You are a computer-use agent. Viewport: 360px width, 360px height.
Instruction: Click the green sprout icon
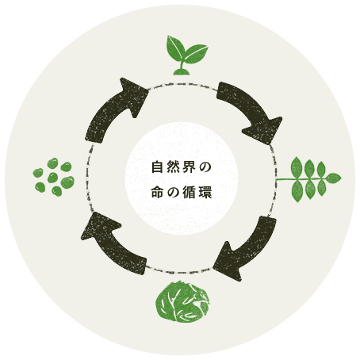point(186,56)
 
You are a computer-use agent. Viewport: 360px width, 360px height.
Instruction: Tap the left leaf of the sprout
point(175,47)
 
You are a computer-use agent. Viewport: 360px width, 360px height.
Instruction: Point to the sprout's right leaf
point(196,54)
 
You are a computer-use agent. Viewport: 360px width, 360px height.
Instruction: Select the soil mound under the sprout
point(181,72)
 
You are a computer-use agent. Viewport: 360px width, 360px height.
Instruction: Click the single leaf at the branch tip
point(333,178)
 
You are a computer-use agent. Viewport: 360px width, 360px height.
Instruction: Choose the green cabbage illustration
point(182,301)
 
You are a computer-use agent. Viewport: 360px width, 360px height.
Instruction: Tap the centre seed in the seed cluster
point(52,178)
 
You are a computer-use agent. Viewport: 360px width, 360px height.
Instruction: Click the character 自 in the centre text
point(157,167)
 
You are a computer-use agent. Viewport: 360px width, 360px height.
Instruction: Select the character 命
point(157,192)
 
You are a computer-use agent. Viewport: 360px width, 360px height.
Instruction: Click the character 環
point(205,192)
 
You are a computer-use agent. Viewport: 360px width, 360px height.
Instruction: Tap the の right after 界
point(205,167)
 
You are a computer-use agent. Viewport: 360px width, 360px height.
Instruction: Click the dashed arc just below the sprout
point(182,84)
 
